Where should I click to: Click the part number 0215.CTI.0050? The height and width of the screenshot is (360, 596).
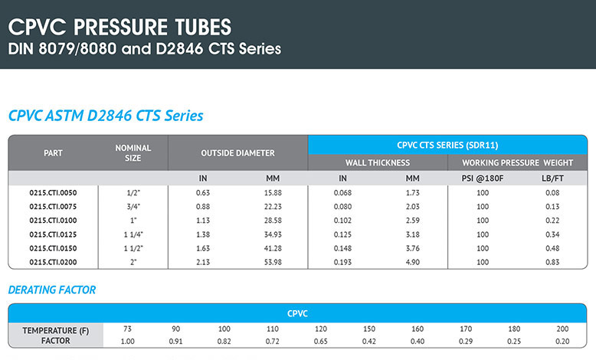click(x=53, y=193)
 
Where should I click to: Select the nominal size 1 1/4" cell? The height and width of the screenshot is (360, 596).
click(x=133, y=234)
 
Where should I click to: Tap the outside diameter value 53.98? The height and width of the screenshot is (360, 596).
click(x=273, y=262)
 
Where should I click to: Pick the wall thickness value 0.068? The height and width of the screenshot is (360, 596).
click(x=342, y=193)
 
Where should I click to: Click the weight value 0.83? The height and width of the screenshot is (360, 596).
click(x=552, y=262)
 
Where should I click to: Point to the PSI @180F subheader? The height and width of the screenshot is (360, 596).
click(x=483, y=178)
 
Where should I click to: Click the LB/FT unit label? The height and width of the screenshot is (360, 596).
click(x=552, y=178)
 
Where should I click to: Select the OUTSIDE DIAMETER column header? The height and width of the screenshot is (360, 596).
click(x=237, y=153)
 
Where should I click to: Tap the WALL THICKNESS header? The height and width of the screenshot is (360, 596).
click(x=378, y=162)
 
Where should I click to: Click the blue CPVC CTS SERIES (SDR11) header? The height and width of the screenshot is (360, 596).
click(x=447, y=146)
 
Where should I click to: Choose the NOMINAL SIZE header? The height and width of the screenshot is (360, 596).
click(x=133, y=153)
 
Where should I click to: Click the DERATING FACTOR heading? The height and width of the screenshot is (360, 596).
click(x=52, y=290)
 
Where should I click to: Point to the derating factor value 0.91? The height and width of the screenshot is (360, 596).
click(x=175, y=342)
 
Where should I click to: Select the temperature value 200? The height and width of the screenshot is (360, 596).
click(x=562, y=329)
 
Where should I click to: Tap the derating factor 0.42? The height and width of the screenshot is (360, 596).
click(x=368, y=342)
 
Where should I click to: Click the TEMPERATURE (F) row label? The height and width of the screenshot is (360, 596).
click(x=55, y=331)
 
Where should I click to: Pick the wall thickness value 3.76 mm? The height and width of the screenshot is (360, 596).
click(x=412, y=248)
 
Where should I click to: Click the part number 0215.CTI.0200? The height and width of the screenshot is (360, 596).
click(x=53, y=262)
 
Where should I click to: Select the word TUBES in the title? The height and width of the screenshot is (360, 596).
click(x=203, y=28)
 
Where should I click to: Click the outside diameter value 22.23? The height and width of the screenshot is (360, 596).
click(x=273, y=207)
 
